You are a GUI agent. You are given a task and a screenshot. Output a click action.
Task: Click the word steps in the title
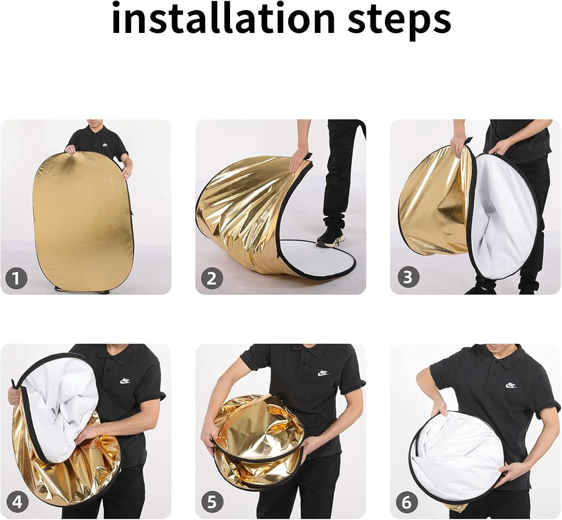tap(399, 21)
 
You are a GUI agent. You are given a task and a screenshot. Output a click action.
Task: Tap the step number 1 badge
tap(16, 278)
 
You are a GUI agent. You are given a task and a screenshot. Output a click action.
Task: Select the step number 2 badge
tap(212, 278)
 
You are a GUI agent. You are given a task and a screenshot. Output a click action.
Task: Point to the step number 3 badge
tap(408, 277)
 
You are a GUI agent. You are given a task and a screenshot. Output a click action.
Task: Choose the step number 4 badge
tap(17, 502)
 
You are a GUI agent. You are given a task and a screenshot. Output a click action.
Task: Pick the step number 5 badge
tap(212, 502)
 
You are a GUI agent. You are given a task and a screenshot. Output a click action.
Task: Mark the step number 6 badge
tap(407, 502)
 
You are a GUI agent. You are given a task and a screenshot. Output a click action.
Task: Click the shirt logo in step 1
tap(105, 145)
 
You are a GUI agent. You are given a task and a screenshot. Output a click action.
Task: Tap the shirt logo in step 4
tap(125, 381)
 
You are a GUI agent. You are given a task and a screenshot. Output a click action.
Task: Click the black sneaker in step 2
tap(330, 236)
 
